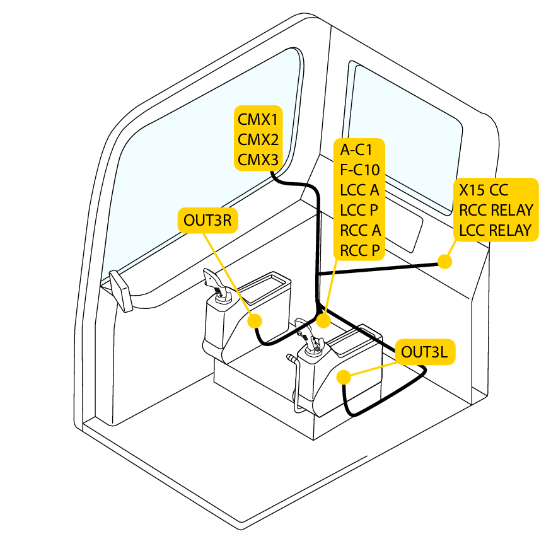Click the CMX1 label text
click(258, 119)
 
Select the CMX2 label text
click(258, 139)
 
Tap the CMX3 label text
click(258, 160)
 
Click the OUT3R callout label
click(207, 220)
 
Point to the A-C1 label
click(356, 150)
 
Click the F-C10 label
click(359, 170)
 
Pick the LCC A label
click(359, 190)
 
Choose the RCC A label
click(360, 230)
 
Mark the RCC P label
click(359, 250)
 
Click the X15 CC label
click(483, 190)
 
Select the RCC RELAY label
click(496, 210)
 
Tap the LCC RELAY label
click(496, 230)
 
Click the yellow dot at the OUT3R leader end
click(255, 321)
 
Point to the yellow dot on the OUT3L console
click(344, 377)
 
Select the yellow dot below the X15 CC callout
click(445, 261)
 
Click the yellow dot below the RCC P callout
click(323, 322)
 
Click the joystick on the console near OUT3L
click(311, 339)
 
